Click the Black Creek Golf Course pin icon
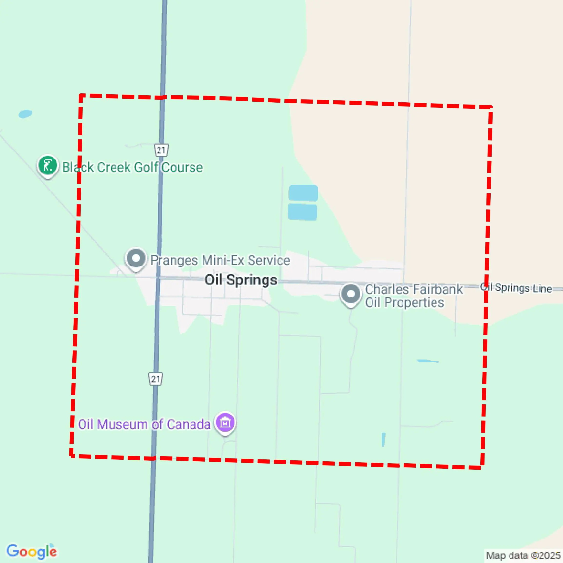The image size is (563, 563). tap(48, 165)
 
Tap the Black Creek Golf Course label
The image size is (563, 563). tap(132, 167)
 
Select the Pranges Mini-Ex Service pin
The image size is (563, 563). tap(136, 259)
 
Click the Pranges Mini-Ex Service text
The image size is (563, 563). tap(220, 260)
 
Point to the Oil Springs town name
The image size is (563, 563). tap(241, 280)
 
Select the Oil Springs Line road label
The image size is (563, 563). tap(516, 288)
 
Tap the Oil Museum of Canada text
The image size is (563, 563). tap(144, 424)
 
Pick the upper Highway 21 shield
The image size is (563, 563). tap(161, 150)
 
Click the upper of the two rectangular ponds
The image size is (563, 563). tap(303, 193)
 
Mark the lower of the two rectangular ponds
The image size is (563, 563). tap(302, 212)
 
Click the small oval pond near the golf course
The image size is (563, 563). tap(25, 114)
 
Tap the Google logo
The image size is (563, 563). tap(31, 551)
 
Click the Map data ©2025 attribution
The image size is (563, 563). tap(523, 555)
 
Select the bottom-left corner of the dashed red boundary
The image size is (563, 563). tap(71, 456)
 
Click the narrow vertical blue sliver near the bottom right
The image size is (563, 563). tap(383, 439)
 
